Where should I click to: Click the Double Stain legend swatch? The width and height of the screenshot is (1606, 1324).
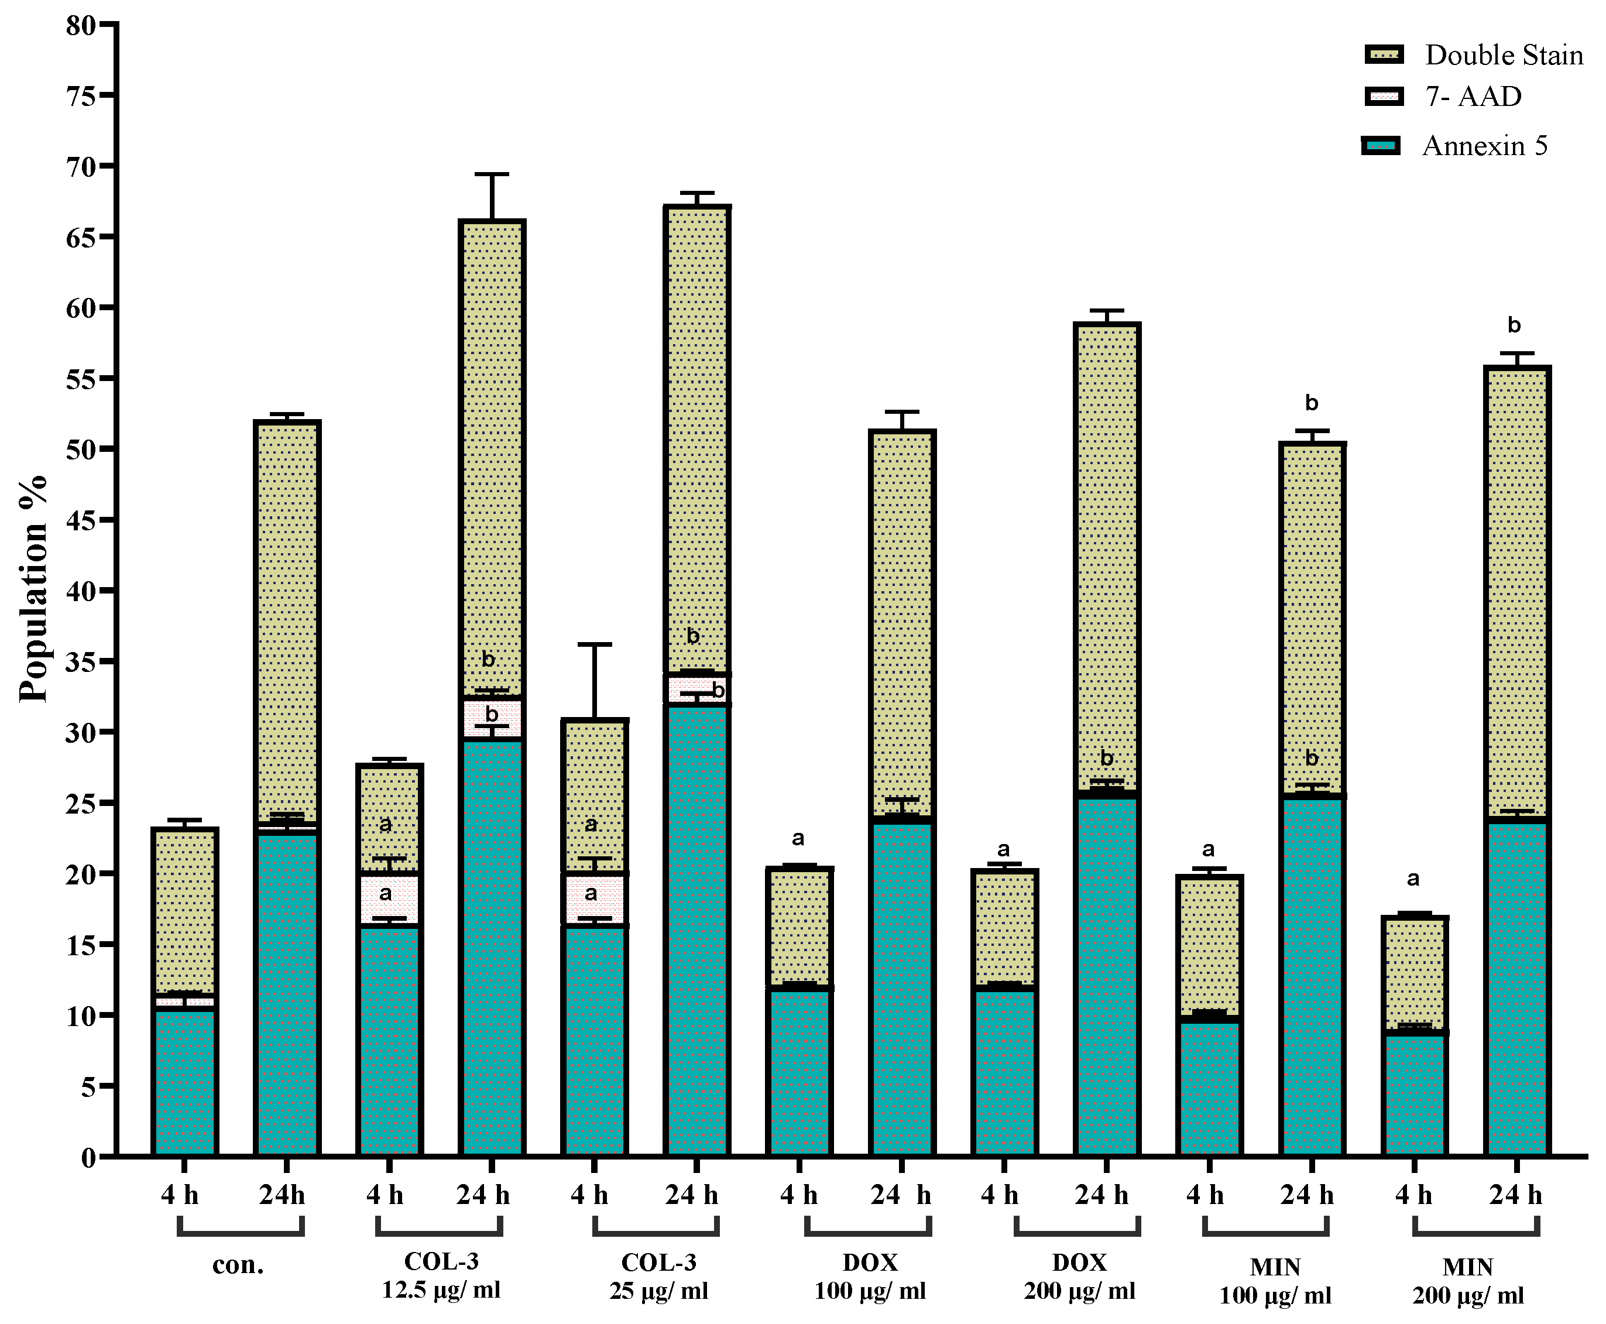(1384, 54)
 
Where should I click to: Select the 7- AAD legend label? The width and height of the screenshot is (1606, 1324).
(1473, 97)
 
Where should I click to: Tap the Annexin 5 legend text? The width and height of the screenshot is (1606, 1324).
(1485, 146)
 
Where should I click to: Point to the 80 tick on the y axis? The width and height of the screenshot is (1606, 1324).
(109, 25)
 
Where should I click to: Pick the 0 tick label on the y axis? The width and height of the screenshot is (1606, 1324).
(88, 1157)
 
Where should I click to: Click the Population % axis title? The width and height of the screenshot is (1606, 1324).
(33, 588)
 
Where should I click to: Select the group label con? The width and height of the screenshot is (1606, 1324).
(238, 1264)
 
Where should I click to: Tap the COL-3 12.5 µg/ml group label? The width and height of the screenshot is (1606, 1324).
(441, 1275)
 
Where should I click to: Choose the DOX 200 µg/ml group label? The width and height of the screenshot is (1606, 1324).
(1079, 1275)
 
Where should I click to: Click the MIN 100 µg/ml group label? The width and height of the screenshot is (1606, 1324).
(1275, 1281)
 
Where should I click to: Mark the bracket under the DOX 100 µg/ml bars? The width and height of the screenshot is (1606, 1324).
(868, 1233)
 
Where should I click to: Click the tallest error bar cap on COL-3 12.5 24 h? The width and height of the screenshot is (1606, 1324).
(492, 174)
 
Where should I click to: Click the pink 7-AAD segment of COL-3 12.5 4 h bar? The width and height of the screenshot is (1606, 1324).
(389, 900)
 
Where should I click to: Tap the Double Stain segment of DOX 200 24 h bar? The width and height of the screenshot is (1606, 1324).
(1107, 557)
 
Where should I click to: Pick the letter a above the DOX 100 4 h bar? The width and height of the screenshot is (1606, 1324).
(798, 839)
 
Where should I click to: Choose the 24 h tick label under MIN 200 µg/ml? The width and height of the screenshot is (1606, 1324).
(1516, 1195)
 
